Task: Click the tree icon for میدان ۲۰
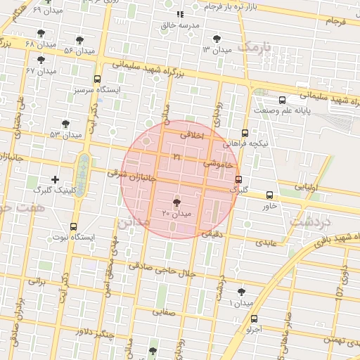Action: pos(176,202)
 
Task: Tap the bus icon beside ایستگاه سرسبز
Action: pos(97,79)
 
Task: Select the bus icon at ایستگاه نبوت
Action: pos(74,226)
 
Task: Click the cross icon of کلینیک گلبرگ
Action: pos(56,180)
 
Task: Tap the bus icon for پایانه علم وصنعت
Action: pos(282,100)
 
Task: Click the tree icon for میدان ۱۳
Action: pos(216,39)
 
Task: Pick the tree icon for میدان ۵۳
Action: pos(65,124)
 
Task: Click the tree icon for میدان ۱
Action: pos(242,291)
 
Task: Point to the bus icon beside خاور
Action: pos(270,195)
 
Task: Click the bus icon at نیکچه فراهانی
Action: pos(245,132)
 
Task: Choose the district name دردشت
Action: pos(310,221)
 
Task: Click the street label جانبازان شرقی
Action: pos(127,173)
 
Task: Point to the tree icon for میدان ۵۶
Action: pos(79,40)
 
